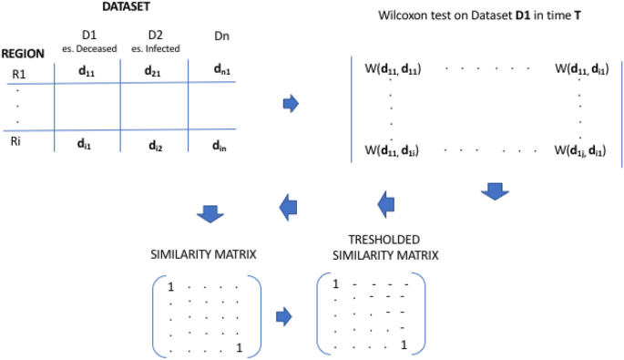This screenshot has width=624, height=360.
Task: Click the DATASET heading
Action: (127, 7)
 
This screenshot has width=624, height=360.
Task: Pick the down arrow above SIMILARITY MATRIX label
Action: (210, 212)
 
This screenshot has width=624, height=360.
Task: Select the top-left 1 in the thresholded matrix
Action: (335, 283)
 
